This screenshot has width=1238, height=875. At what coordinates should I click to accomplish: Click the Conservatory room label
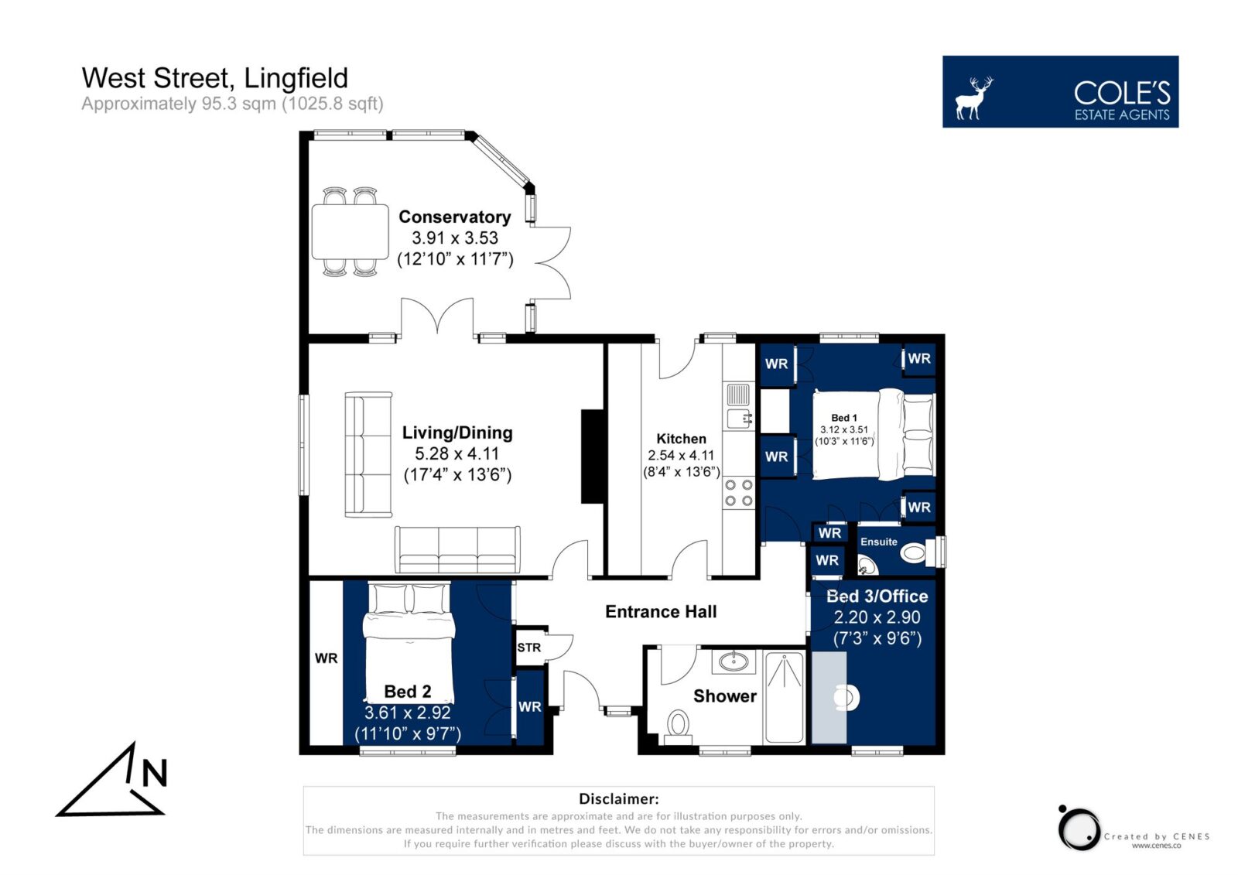point(455,217)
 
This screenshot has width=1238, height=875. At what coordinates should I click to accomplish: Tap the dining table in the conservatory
point(350,231)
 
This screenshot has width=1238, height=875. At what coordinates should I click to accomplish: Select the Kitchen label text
point(681,439)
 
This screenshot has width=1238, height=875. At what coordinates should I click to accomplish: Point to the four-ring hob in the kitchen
point(739,493)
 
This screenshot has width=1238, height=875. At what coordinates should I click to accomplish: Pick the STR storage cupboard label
point(529,648)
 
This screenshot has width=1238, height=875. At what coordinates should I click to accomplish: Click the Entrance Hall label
point(661,611)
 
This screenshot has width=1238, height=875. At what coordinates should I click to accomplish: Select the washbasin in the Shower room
point(734,661)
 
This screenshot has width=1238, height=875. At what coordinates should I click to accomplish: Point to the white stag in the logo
point(973,98)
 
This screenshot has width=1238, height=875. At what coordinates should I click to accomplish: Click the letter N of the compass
point(155,774)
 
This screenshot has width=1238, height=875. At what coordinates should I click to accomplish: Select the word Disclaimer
point(618,798)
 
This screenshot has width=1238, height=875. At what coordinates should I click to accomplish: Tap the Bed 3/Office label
point(877,596)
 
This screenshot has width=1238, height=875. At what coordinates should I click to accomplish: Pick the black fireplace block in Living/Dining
point(592,456)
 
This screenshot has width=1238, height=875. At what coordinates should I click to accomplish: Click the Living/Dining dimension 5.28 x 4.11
point(457,454)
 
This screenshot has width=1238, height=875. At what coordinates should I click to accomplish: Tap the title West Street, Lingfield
point(215,78)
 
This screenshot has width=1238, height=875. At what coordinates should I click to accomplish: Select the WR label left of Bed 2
point(326,658)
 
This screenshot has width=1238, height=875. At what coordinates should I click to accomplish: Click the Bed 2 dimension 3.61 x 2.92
point(407,713)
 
